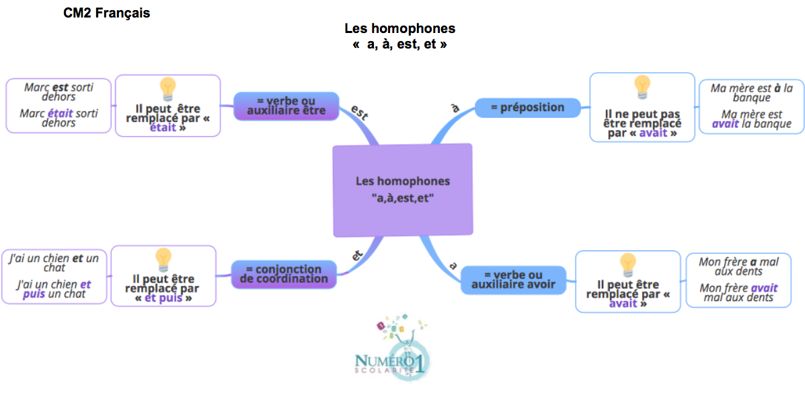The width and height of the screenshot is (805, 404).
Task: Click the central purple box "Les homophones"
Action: tap(402, 190)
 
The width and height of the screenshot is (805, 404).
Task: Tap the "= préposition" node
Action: tap(528, 107)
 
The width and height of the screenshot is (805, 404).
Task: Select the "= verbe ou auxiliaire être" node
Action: tap(286, 106)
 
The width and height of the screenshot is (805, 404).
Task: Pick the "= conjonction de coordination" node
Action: tap(283, 274)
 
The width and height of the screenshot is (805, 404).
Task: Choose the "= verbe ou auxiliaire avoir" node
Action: tap(513, 279)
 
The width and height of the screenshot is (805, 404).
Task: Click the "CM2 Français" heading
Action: tap(106, 13)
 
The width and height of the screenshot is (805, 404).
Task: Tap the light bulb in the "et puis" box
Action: tap(163, 259)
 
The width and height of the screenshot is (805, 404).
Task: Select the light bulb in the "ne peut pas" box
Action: tap(642, 86)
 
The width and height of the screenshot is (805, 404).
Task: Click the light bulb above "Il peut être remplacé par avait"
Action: tap(627, 263)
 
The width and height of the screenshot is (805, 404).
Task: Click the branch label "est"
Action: tap(360, 112)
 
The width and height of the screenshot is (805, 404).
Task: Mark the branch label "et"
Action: tap(358, 255)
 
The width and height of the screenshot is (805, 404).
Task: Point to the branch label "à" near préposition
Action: tap(455, 108)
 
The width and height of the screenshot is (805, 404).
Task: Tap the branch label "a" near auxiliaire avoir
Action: tap(453, 266)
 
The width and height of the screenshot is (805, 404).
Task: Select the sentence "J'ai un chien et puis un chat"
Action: tap(54, 289)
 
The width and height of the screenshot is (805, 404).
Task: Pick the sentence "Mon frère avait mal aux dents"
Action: tap(738, 292)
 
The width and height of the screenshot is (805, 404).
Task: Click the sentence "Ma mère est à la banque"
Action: tap(751, 92)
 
